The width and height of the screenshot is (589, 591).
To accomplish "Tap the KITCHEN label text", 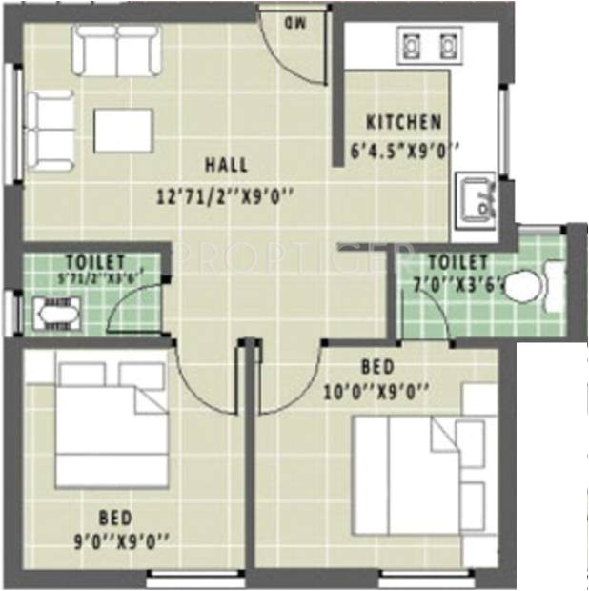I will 404,122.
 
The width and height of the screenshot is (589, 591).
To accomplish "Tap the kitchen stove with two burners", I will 428,46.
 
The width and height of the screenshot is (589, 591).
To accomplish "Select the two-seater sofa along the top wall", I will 118,50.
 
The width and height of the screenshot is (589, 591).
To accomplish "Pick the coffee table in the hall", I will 123,131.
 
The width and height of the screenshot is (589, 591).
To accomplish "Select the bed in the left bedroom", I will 111,422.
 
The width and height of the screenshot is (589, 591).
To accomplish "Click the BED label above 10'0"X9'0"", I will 373,366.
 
